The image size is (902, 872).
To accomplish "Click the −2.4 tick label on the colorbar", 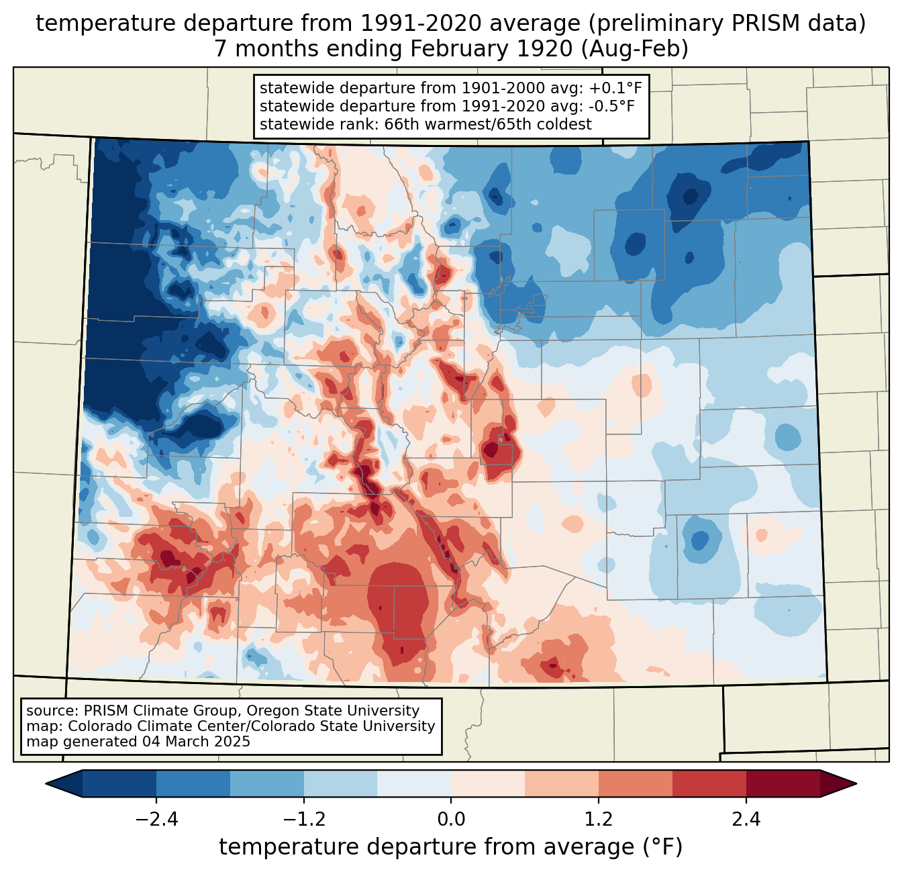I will pyautogui.click(x=156, y=820).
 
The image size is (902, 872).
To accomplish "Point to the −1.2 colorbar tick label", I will pyautogui.click(x=303, y=820).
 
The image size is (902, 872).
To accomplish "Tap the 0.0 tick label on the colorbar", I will pyautogui.click(x=451, y=820).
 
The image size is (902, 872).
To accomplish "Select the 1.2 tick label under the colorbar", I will pyautogui.click(x=599, y=820).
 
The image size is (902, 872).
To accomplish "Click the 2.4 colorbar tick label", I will pyautogui.click(x=746, y=820).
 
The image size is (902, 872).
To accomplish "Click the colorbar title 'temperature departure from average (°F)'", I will pyautogui.click(x=451, y=847).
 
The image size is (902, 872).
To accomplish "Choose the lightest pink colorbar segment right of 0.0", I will pyautogui.click(x=488, y=783).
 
